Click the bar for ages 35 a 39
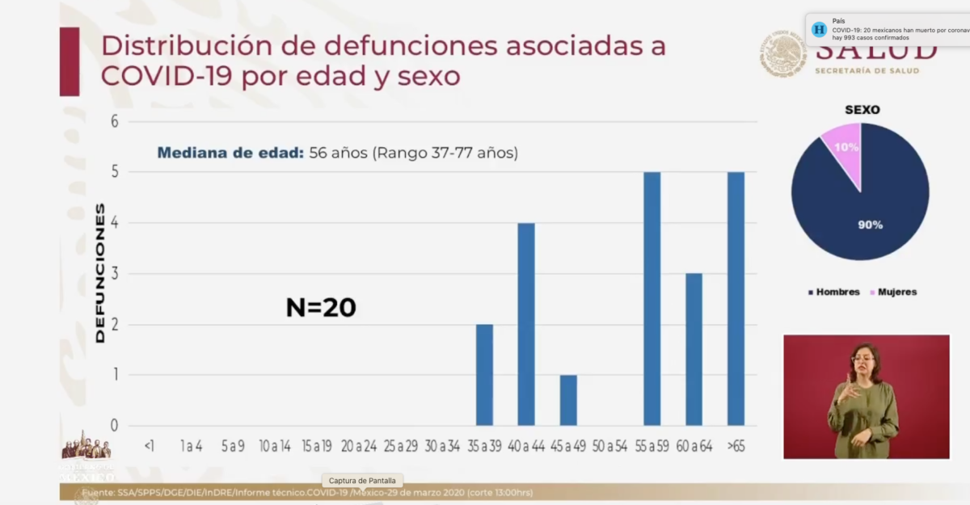point(484,375)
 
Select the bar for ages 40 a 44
point(526,324)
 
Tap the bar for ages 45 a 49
point(568,400)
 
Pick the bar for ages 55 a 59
point(652,299)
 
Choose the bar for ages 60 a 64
point(694,349)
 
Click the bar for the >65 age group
point(736,299)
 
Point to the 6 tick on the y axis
point(115,121)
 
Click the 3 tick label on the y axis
point(115,274)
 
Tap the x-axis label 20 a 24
point(359,446)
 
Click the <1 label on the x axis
point(149,446)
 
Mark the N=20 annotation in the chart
point(321,307)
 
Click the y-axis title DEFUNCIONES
point(100,273)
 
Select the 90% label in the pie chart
point(870,225)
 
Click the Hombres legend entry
point(836,292)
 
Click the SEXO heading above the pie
point(862,110)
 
